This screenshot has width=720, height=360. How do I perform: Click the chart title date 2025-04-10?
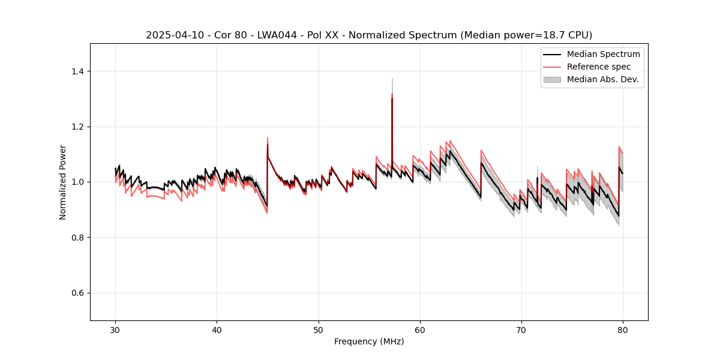point(170,35)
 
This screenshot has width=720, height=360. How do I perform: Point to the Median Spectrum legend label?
point(603,54)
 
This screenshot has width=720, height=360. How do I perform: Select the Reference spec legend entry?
point(598,67)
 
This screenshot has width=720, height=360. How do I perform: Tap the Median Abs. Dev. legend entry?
point(602,79)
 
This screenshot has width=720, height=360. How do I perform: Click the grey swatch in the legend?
point(552,79)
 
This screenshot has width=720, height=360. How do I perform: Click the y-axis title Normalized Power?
point(63,182)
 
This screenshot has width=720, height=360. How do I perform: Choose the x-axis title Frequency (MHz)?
point(369,341)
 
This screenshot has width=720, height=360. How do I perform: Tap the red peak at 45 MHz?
point(268,139)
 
